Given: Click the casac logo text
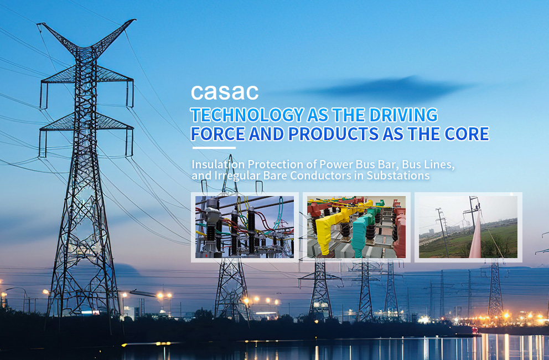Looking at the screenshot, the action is (x=225, y=92).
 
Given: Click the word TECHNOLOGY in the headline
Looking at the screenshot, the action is (x=247, y=115).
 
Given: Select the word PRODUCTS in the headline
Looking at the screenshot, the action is (x=333, y=134).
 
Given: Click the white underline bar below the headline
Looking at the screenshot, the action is (x=214, y=148).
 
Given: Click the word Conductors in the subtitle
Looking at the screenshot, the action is (x=320, y=175).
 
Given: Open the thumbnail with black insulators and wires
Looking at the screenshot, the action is (x=245, y=227).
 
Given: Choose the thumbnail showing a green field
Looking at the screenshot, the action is (x=468, y=227).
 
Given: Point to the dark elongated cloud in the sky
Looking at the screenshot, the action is (x=382, y=88).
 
